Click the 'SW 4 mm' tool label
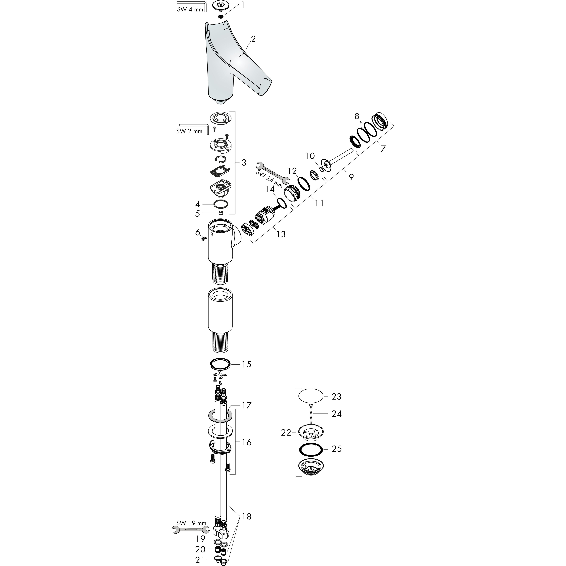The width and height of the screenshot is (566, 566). [x=190, y=9]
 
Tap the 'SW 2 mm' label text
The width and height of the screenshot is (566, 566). [x=189, y=131]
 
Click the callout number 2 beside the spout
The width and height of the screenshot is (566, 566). [x=253, y=39]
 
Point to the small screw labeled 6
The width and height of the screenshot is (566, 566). [x=204, y=239]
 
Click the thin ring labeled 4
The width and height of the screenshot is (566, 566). [x=221, y=204]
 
